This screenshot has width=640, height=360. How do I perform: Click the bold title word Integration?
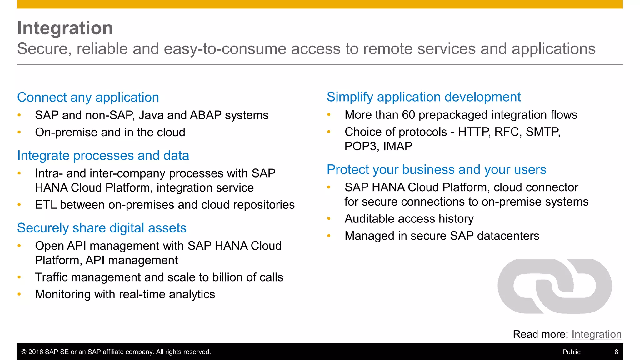pos(65,28)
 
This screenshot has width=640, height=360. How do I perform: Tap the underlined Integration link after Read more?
pos(596,334)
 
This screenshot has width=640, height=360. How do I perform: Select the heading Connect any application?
pos(88,97)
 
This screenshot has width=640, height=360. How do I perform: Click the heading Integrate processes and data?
pos(103,156)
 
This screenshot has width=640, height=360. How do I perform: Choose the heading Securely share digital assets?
pos(102,228)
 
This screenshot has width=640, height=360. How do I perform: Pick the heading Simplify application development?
pos(424,97)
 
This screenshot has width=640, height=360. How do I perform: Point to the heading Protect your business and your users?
pos(436,170)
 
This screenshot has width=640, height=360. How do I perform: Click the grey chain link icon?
pos(555,286)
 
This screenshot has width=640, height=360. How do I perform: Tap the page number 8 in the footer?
pos(616,352)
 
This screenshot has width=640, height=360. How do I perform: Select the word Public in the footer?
pos(571,352)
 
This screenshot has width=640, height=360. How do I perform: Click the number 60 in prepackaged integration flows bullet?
pos(408,115)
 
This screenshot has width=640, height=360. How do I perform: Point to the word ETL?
pos(46,205)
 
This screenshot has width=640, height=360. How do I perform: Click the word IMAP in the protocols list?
pos(397,146)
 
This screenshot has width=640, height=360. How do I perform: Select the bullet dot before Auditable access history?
pos(329,219)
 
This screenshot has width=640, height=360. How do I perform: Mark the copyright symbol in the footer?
pos(24,352)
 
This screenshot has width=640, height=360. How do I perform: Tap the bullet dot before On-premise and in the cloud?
pos(19,132)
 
